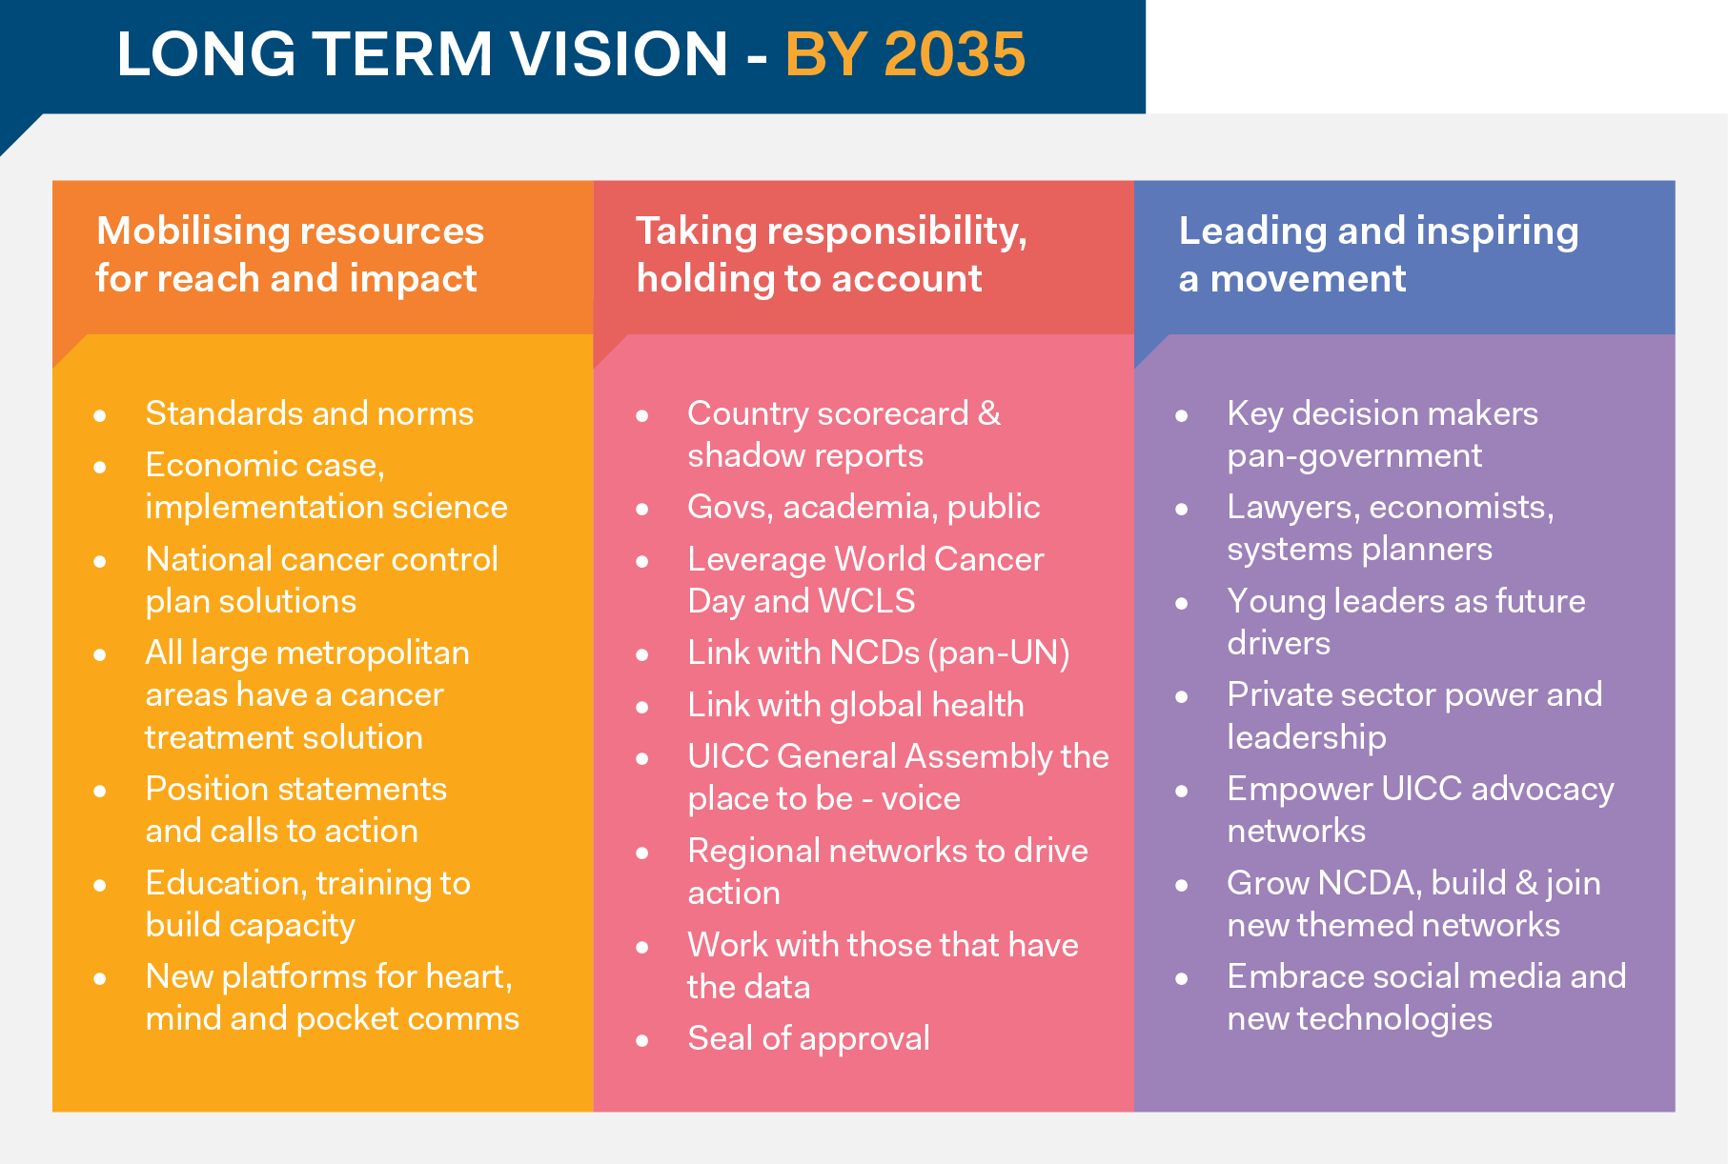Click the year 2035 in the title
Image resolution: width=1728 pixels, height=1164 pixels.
coord(954,53)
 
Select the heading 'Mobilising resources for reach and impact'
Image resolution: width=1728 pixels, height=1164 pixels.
coord(290,254)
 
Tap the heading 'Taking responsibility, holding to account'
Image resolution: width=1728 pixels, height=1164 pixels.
coord(831,254)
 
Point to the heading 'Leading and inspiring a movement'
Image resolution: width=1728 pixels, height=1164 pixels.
coord(1378,254)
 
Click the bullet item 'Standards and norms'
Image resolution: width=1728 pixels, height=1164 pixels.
coord(310,413)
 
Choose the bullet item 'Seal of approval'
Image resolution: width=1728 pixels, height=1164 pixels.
coord(808,1038)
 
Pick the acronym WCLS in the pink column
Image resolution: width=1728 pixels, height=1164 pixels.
coord(866,601)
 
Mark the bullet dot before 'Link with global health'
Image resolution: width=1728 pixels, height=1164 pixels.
coord(642,707)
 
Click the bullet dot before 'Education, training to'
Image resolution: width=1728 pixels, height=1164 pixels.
coord(100,885)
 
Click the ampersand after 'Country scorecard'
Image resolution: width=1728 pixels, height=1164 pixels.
coord(989,413)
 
